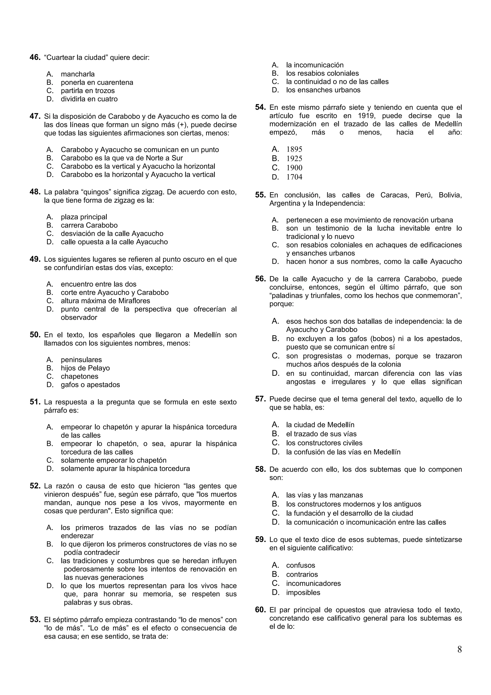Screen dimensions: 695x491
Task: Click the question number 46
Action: (x=35, y=58)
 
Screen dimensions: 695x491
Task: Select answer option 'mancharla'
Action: (x=77, y=74)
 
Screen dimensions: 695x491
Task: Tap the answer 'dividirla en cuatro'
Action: (x=89, y=99)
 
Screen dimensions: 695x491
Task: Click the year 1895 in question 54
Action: (x=294, y=149)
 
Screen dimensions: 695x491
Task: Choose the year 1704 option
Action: (x=294, y=177)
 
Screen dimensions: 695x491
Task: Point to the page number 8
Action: (x=459, y=649)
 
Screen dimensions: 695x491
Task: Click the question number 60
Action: (x=260, y=610)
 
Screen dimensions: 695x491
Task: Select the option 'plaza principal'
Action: (x=84, y=217)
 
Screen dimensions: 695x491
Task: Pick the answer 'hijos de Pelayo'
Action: (x=85, y=368)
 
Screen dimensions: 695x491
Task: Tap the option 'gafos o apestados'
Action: (x=90, y=385)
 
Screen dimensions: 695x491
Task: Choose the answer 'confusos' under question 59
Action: (x=300, y=565)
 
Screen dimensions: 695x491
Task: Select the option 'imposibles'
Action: (x=303, y=592)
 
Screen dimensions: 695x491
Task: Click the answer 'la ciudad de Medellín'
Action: (x=320, y=425)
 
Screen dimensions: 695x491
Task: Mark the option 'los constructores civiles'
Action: (x=324, y=443)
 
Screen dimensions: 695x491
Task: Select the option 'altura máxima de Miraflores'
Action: (x=105, y=301)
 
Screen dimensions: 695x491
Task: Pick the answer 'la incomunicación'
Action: (x=315, y=65)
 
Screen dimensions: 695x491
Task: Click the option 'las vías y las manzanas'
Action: (x=324, y=495)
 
